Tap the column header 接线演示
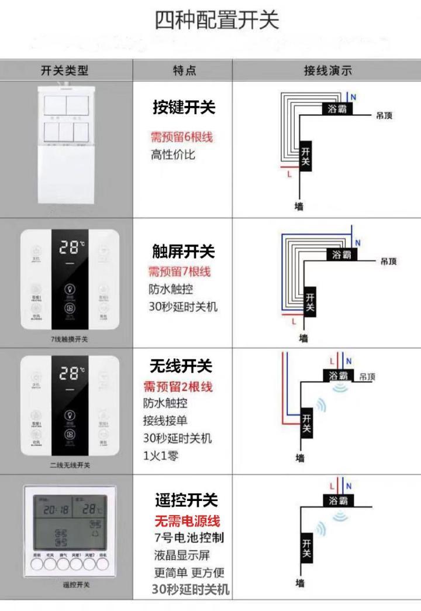point(327,71)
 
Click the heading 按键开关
point(184,107)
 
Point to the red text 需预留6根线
point(182,138)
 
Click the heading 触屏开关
point(184,252)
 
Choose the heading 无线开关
point(181,366)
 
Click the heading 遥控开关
point(186,500)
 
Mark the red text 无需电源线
point(187,521)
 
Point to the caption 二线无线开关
point(70,466)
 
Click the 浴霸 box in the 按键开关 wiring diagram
point(336,109)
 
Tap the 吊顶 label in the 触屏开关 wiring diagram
point(388,261)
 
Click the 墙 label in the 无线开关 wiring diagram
point(300,458)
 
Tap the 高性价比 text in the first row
point(173,155)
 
